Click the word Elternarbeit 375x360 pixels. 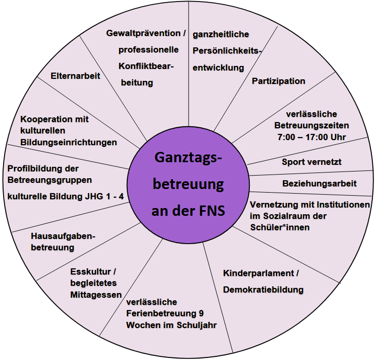[x=75, y=75]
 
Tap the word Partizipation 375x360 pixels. [x=278, y=81]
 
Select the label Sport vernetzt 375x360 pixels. [x=312, y=162]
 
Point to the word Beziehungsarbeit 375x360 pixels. [x=319, y=183]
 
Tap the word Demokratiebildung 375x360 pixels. [x=263, y=289]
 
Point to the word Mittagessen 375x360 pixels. [x=95, y=295]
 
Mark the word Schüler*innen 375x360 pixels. [x=280, y=227]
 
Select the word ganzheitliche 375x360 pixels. [x=220, y=35]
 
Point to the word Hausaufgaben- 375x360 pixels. [x=63, y=236]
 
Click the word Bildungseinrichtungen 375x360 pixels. [x=69, y=142]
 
